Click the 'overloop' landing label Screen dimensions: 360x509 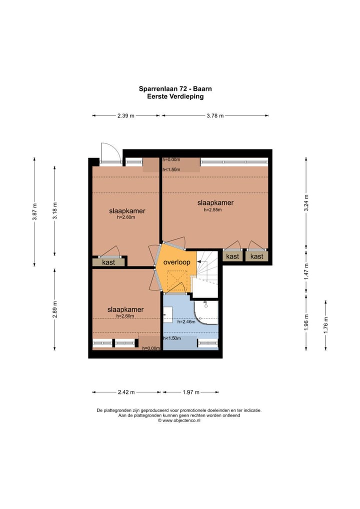[176, 262]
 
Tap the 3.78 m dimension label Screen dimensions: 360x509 [215, 115]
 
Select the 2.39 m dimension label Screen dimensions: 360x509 [125, 115]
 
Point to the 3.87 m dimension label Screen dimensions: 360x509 [34, 211]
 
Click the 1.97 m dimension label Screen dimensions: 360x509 [191, 392]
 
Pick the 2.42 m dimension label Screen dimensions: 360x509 [126, 392]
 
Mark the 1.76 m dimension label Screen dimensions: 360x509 [326, 325]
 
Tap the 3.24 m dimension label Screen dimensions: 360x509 [306, 203]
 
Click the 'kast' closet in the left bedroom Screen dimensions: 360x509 [108, 262]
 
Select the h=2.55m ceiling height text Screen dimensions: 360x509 [212, 209]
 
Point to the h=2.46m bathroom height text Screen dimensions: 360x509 [186, 322]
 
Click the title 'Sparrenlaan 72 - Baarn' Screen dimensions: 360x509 [175, 88]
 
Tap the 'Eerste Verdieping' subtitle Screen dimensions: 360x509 [175, 96]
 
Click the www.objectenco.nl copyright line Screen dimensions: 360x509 [179, 420]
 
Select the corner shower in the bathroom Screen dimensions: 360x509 [206, 312]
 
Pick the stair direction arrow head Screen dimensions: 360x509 [199, 261]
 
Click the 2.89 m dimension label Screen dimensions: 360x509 [54, 309]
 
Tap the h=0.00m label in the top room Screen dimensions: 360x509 [171, 159]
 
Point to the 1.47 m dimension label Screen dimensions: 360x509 [306, 271]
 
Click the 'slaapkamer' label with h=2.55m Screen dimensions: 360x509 [215, 202]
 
